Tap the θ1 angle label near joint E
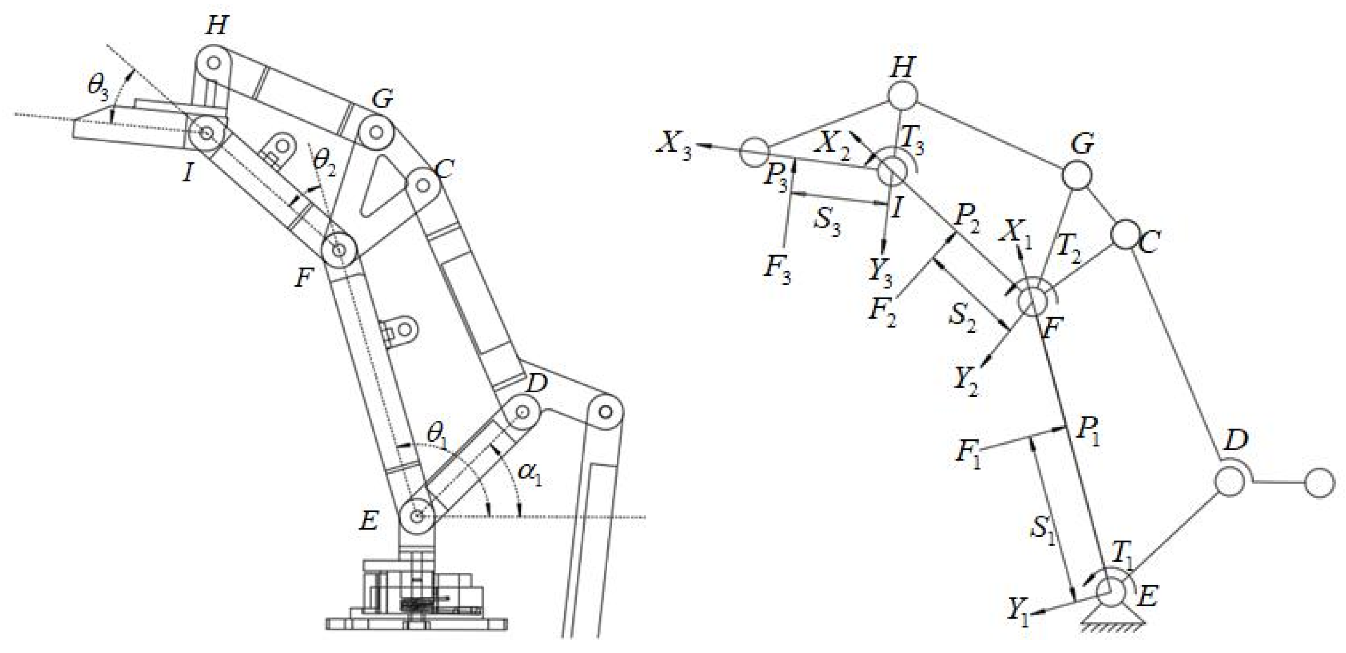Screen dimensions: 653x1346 437,433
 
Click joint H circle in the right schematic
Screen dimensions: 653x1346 902,95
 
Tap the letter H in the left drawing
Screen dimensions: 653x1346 216,25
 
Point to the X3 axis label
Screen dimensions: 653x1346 674,148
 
